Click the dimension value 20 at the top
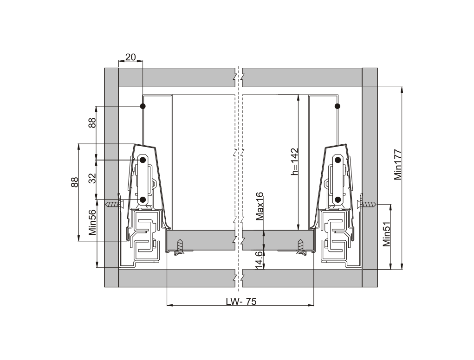point(130,57)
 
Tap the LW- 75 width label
point(241,302)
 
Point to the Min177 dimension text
point(398,164)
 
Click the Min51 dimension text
point(387,234)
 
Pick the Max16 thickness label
point(260,206)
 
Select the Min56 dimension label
point(92,222)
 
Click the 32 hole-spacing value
point(92,178)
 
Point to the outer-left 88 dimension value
point(75,182)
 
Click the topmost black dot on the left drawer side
point(143,106)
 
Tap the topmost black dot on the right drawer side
point(338,106)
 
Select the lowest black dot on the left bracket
point(143,199)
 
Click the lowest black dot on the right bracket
point(338,199)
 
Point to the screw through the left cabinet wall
point(115,205)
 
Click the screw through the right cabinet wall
point(366,205)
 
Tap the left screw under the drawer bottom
point(180,247)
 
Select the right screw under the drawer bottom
point(301,247)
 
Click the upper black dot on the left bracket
point(143,160)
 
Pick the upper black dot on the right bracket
point(338,160)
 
